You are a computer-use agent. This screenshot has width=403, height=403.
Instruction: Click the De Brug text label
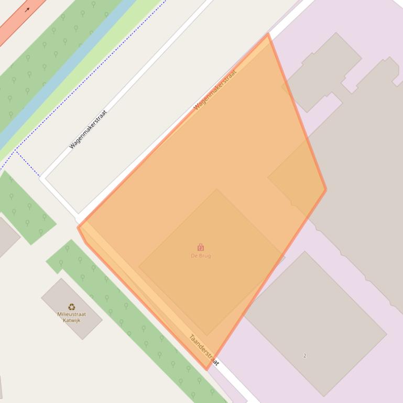pyautogui.click(x=201, y=255)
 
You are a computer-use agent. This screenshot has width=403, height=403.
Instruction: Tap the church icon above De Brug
pyautogui.click(x=201, y=247)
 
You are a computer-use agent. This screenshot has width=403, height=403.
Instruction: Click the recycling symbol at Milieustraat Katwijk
pyautogui.click(x=72, y=307)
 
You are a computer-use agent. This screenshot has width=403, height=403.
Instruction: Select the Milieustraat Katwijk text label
pyautogui.click(x=72, y=317)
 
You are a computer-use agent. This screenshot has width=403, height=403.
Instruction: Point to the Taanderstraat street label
pyautogui.click(x=204, y=350)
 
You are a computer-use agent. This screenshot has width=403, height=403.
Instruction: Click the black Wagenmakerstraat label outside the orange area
pyautogui.click(x=88, y=129)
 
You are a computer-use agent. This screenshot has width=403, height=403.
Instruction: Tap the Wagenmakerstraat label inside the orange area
pyautogui.click(x=215, y=89)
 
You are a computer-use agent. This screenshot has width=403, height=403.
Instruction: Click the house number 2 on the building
pyautogui.click(x=304, y=356)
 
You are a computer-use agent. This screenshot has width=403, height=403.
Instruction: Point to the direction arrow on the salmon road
pyautogui.click(x=27, y=9)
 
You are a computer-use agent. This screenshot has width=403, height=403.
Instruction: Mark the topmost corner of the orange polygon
pyautogui.click(x=268, y=34)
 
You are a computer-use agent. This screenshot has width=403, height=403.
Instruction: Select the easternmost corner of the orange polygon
pyautogui.click(x=326, y=189)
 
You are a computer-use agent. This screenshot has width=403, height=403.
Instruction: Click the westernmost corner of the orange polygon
pyautogui.click(x=78, y=227)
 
